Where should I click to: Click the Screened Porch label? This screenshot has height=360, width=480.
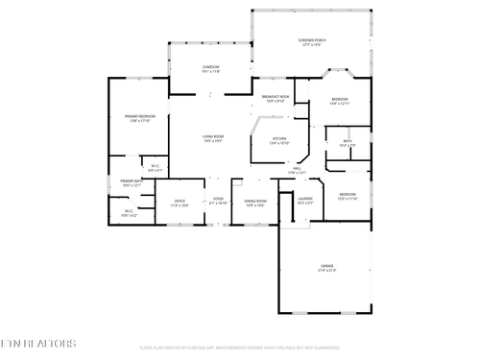click(313, 41)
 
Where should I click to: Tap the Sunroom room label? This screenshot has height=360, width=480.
click(210, 68)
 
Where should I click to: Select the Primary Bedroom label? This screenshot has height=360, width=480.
click(139, 118)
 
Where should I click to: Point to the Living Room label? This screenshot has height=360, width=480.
click(212, 138)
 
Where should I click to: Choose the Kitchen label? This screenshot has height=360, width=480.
click(279, 140)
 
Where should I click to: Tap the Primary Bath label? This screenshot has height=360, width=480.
click(132, 182)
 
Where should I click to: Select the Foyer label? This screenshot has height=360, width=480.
click(218, 203)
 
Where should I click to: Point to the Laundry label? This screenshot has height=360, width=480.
click(305, 202)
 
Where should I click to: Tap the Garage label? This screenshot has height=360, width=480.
click(327, 268)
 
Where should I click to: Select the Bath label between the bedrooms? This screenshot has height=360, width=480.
click(348, 144)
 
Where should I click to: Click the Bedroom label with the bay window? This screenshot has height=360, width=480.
click(340, 101)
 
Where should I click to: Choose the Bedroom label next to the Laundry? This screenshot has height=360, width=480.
click(348, 196)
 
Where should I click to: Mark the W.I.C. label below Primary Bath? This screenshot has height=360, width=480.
click(130, 213)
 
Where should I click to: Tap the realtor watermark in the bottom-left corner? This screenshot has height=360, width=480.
click(39, 343)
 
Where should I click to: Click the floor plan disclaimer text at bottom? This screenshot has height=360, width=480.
click(240, 348)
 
